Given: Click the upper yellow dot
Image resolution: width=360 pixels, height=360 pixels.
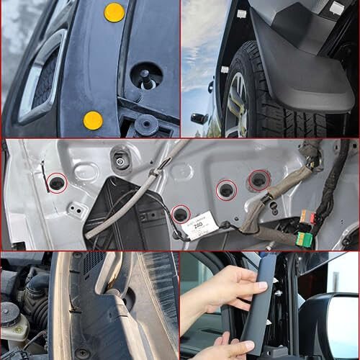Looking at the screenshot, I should [x=114, y=12].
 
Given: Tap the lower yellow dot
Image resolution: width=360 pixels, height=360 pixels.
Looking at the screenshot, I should [x=93, y=120].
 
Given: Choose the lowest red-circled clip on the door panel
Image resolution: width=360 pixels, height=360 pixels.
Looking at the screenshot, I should [x=181, y=214].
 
